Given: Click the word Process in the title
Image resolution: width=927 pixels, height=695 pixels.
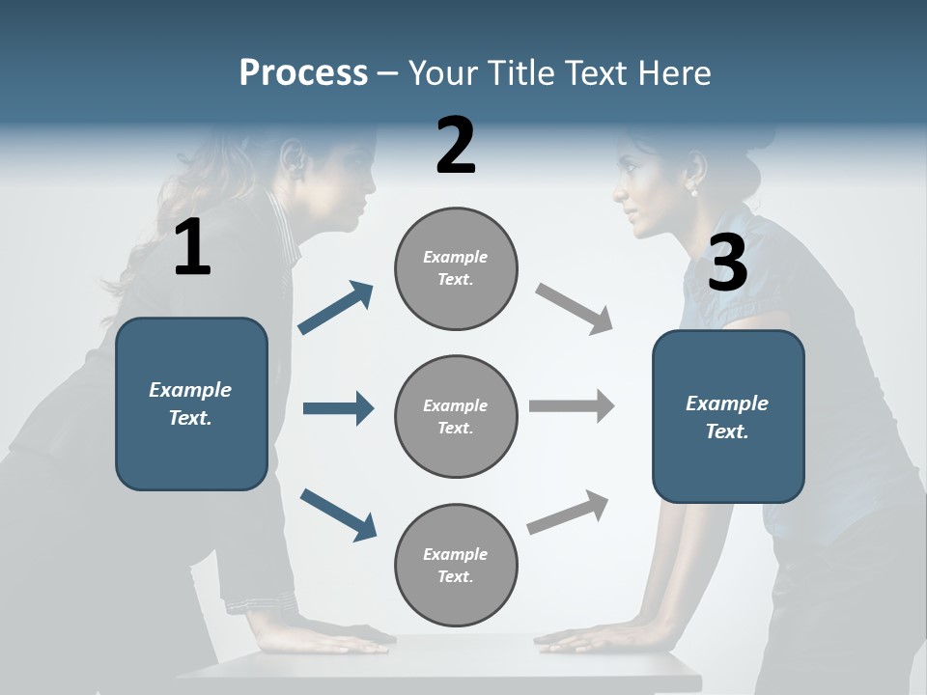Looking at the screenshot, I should tap(303, 72).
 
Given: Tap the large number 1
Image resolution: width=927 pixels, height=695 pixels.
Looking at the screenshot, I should tap(192, 248).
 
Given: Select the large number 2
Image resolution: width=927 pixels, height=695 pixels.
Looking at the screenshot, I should tap(456, 146).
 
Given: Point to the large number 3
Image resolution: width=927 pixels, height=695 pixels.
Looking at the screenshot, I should tap(727, 264).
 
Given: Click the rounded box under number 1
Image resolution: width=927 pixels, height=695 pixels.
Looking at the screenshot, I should tap(191, 403).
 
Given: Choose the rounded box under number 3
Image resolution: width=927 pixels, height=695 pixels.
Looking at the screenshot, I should tap(728, 416).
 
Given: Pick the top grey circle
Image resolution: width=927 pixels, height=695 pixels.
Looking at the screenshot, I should tap(456, 268).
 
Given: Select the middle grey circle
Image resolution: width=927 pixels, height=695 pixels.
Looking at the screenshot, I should tap(456, 416).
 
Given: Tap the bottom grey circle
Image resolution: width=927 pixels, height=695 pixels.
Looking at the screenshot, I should tap(456, 565).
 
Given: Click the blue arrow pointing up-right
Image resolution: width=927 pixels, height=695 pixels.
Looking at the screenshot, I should tap(336, 308).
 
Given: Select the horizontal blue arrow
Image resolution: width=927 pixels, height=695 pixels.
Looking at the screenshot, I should tap(338, 408).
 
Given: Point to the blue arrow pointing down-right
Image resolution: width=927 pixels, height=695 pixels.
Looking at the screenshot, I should tap(339, 514).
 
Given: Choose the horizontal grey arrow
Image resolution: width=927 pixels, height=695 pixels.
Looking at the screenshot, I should tap(572, 406).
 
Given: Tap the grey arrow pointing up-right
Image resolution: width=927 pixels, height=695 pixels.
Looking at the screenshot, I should tap(569, 513).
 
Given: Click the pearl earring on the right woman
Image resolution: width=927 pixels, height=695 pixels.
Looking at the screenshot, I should tap(692, 192).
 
